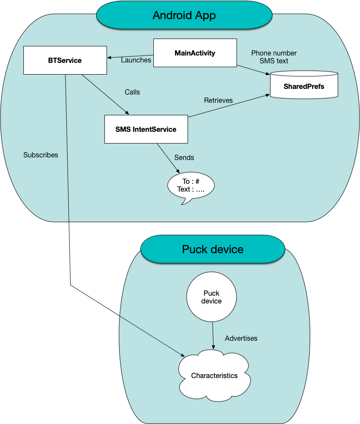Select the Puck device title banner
[x=212, y=249]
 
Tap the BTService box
[x=65, y=61]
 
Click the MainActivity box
[x=195, y=53]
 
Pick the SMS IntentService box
[x=146, y=129]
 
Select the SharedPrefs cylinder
[x=304, y=86]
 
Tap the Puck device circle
[x=211, y=297]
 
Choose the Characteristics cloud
[x=214, y=375]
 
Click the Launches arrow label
[x=136, y=60]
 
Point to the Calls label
[x=132, y=92]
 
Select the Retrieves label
[x=218, y=101]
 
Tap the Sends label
[x=184, y=157]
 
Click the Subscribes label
[x=41, y=155]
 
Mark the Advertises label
[x=241, y=338]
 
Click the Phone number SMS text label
[x=274, y=57]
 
